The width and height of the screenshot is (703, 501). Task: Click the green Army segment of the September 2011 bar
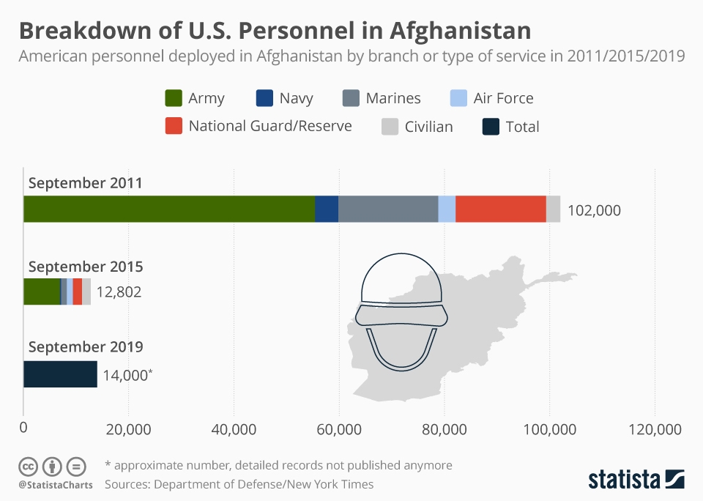coord(168,209)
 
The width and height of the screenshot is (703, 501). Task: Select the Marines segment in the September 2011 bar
coord(388,209)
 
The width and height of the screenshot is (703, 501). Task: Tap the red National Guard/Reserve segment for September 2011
coord(500,209)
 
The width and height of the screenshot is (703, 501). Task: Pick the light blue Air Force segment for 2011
coord(447,209)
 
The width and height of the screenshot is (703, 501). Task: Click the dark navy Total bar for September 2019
coord(60,374)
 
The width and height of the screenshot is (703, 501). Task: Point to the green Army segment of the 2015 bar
coord(41,292)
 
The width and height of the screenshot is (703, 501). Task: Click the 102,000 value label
coord(594,210)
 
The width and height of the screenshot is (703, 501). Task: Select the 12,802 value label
coord(119,292)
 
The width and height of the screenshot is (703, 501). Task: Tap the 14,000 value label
coord(126,375)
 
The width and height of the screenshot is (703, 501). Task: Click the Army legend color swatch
coord(174,98)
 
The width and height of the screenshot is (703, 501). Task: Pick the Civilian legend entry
coord(417,127)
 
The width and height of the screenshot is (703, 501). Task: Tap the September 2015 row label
coord(85,267)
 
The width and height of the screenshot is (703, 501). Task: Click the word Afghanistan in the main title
coord(459,31)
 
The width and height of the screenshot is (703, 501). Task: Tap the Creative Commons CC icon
coord(29,466)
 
